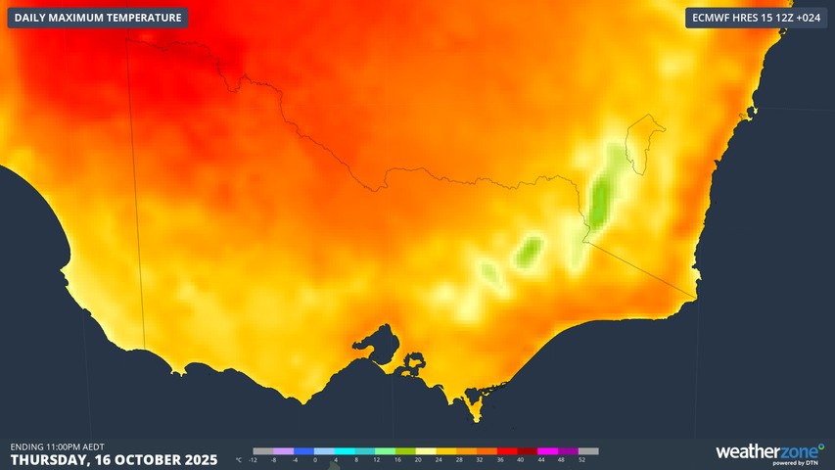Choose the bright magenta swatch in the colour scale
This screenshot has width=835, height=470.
coord(551,451)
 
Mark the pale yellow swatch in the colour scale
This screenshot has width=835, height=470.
coord(428,451)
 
